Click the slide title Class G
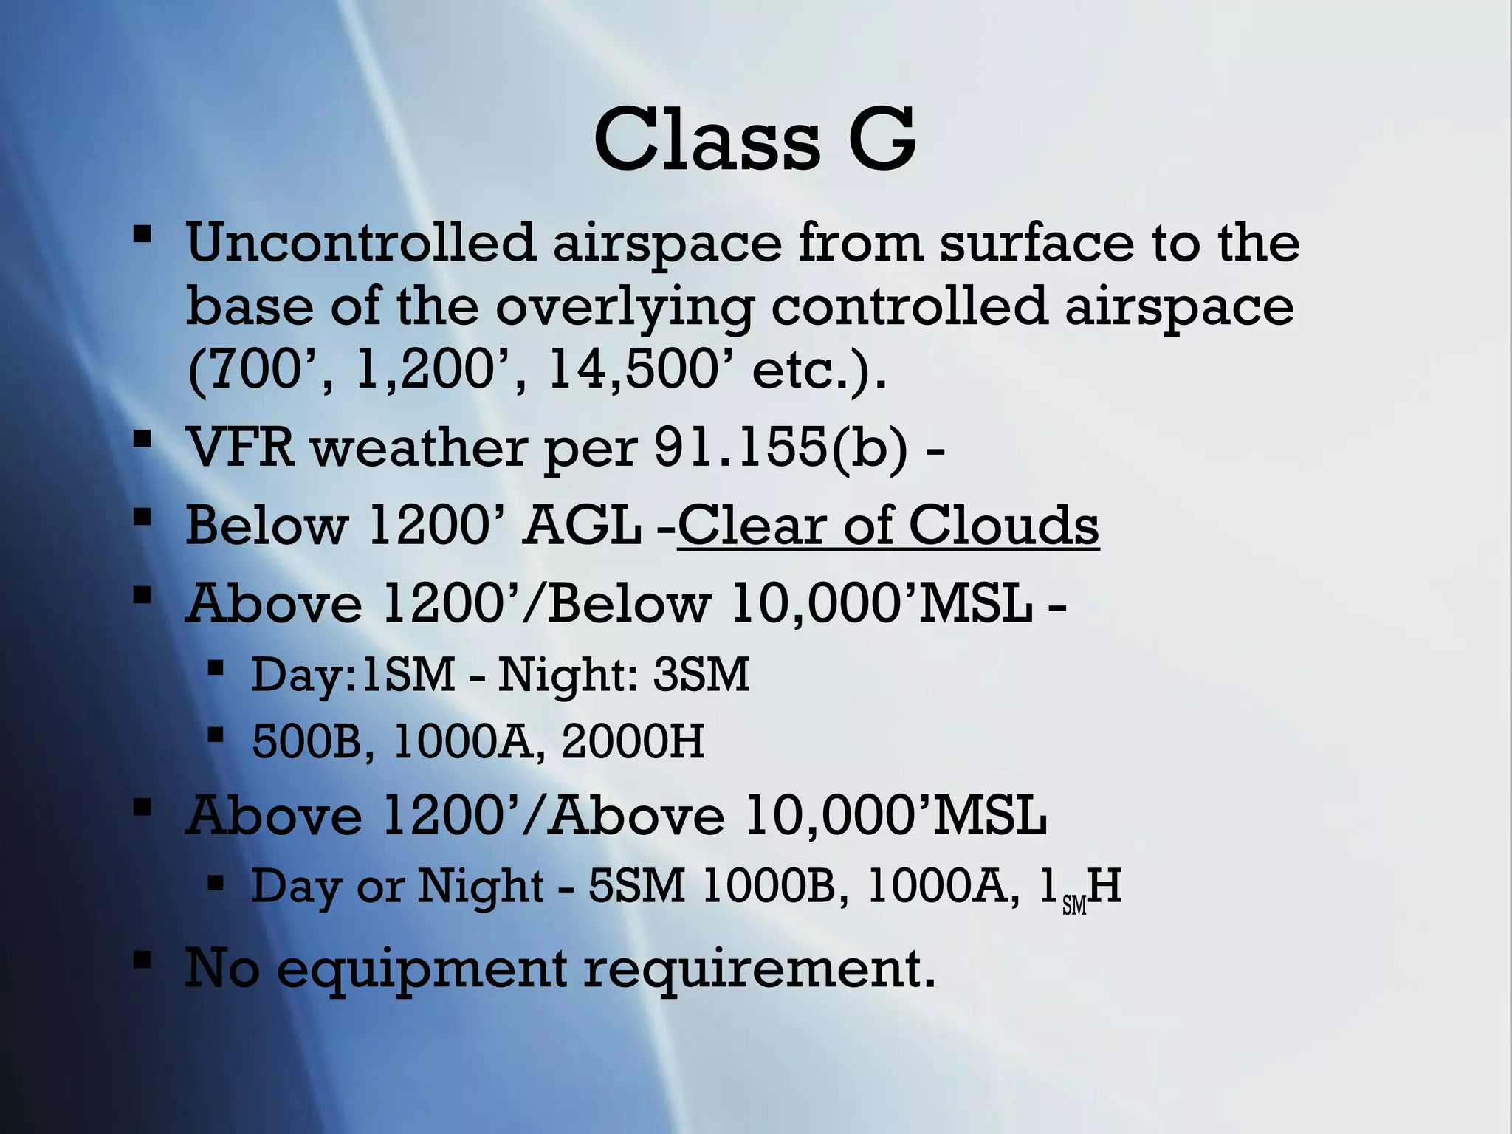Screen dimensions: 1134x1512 pos(755,140)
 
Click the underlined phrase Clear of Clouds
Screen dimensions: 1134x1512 pos(888,526)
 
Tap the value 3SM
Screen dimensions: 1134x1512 pos(701,674)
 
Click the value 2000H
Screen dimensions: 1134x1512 pos(633,741)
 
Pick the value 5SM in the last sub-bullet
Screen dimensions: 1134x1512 pos(636,885)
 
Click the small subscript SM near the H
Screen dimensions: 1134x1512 pos(1074,905)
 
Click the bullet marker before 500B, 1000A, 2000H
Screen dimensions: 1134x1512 pos(216,735)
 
